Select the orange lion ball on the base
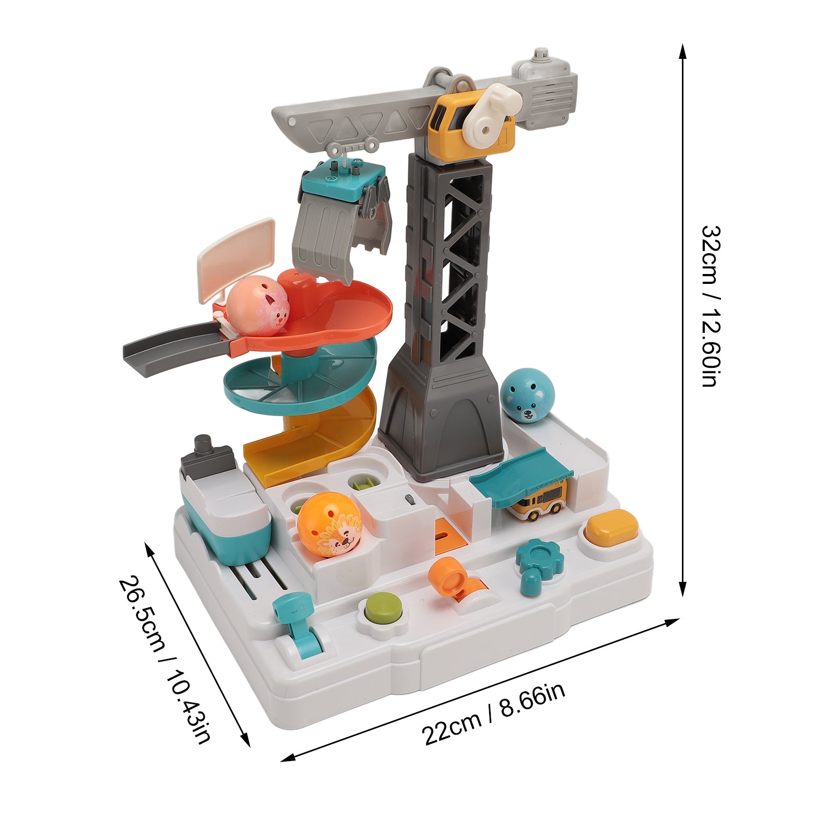pos(330,525)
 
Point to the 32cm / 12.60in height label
pos(709,306)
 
